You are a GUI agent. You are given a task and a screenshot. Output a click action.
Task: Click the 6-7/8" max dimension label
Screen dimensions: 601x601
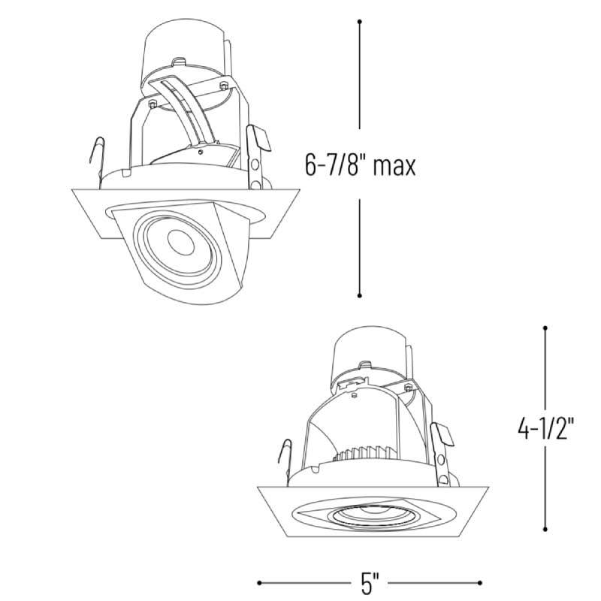coord(360,165)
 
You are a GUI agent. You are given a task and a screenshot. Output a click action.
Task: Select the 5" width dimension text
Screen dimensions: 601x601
coord(370,584)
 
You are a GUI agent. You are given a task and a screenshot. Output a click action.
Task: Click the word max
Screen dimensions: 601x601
coord(394,167)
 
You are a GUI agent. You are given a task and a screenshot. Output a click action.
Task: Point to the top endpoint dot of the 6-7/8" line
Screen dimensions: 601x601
coord(360,22)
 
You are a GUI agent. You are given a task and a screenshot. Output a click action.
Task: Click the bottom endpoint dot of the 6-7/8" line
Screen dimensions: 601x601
coord(360,295)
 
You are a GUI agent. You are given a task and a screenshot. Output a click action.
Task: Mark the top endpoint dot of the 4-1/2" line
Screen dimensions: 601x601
coord(545,328)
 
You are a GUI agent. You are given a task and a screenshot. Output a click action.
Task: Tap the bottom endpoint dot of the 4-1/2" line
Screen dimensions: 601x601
coord(545,530)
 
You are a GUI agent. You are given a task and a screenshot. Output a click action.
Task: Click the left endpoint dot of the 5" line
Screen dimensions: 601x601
coord(259,583)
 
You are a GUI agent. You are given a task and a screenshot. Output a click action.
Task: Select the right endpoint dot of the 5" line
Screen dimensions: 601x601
coord(480,583)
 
